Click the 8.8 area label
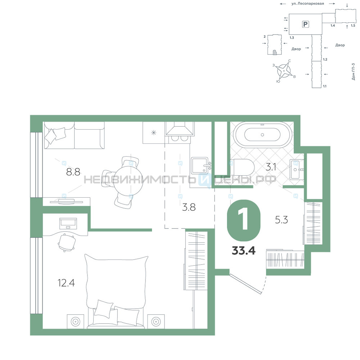point(73,172)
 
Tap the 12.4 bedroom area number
point(66,283)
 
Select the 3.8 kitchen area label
point(189,207)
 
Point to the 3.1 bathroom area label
point(271,167)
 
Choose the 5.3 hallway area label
point(282,220)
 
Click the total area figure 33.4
point(244,251)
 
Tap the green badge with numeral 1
point(244,220)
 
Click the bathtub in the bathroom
point(262,135)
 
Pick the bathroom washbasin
point(296,170)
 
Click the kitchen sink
point(200,166)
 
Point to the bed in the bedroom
point(116,292)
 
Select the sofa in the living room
point(75,135)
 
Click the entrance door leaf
point(246,284)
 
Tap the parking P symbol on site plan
point(305,24)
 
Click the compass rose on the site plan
point(284,71)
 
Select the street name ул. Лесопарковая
point(308,4)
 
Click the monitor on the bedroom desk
point(68,224)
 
